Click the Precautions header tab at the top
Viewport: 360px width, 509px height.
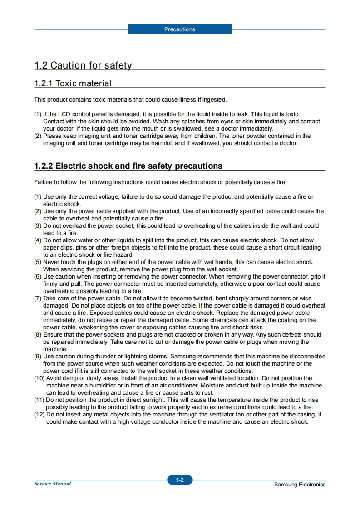coord(180,29)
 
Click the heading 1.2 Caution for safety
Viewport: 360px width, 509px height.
coord(83,65)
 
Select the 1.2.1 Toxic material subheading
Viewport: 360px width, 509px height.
coord(73,83)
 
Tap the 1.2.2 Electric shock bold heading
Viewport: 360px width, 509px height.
coord(128,166)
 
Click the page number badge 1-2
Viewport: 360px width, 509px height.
coord(180,480)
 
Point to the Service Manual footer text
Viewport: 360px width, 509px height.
coord(53,484)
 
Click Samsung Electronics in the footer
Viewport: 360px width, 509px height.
coord(300,485)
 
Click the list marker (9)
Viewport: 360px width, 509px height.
coord(38,357)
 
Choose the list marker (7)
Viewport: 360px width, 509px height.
coord(38,299)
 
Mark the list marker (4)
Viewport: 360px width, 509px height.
coord(38,240)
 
